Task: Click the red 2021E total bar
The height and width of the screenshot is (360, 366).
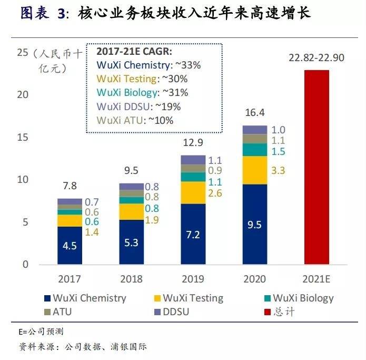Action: tap(316, 167)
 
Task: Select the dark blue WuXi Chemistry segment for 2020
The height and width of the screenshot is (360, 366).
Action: tap(255, 224)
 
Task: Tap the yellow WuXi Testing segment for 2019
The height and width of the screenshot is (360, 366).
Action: tap(193, 193)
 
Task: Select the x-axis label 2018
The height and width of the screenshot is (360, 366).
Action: tap(132, 279)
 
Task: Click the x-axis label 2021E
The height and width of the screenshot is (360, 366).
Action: tap(316, 279)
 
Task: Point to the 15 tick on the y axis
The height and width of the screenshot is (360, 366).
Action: tap(22, 138)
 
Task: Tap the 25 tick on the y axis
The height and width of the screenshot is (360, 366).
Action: tap(22, 53)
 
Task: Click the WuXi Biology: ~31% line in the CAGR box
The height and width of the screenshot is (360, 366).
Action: tap(142, 93)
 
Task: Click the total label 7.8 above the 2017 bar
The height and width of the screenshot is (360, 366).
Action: tap(70, 187)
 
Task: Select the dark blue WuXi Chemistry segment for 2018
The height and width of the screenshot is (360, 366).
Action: tap(132, 242)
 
